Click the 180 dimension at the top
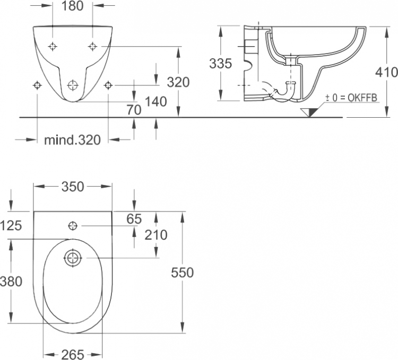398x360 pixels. click(x=72, y=6)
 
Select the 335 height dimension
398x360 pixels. click(x=221, y=63)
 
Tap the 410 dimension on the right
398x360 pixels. click(x=386, y=72)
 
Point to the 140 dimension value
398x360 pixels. click(x=156, y=102)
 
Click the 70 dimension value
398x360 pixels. click(x=134, y=110)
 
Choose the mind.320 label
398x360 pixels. click(x=72, y=139)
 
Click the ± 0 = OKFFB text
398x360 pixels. click(x=351, y=98)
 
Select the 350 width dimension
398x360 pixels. click(x=73, y=187)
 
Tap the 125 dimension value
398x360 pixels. click(x=11, y=225)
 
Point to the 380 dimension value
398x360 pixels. click(x=11, y=282)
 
